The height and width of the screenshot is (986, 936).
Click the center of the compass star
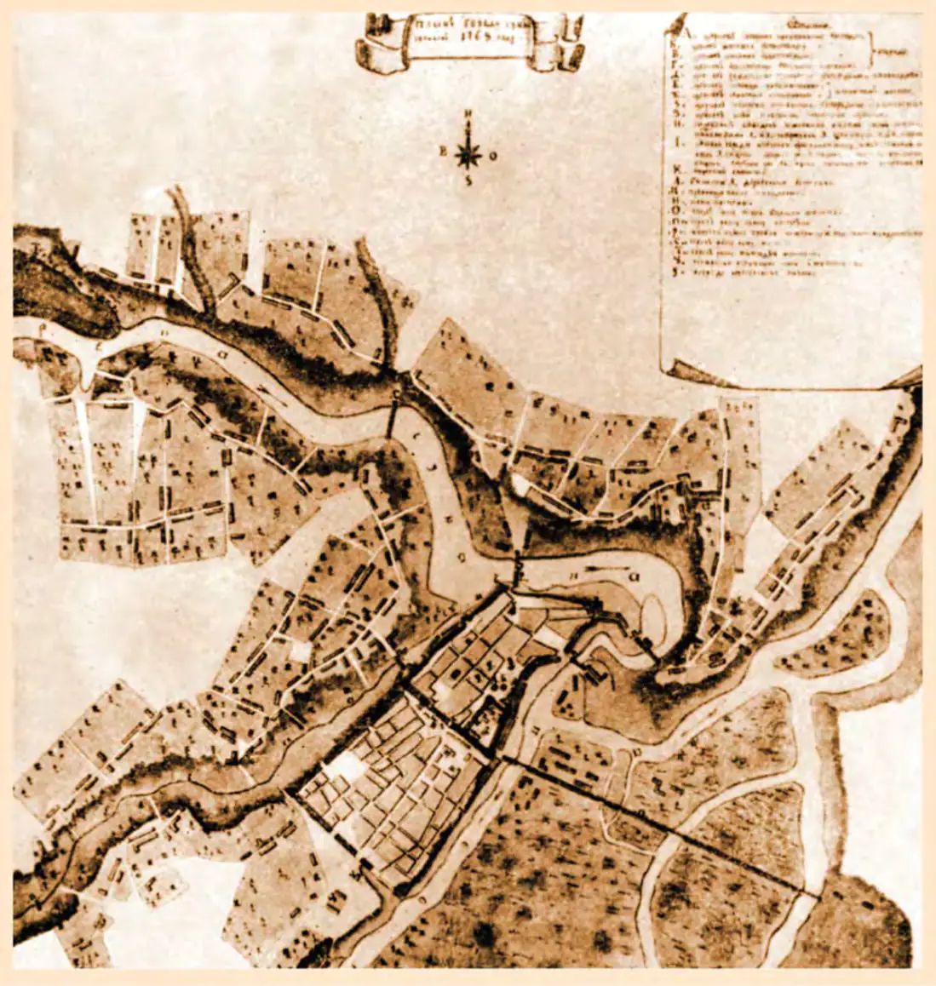pyautogui.click(x=466, y=155)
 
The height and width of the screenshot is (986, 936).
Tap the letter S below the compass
pyautogui.click(x=467, y=181)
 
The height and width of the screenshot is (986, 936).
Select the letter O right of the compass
pyautogui.click(x=493, y=156)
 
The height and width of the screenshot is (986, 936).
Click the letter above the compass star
pyautogui.click(x=467, y=117)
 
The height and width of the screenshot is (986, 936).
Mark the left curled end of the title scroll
pyautogui.click(x=369, y=51)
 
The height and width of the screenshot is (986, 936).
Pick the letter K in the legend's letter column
pyautogui.click(x=675, y=194)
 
